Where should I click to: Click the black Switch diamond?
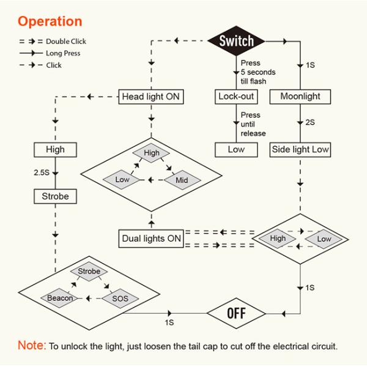237,42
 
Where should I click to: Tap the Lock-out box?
235,97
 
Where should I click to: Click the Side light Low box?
300,149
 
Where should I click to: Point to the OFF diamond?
235,314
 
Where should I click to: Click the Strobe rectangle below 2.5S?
56,197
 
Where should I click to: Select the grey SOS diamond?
119,298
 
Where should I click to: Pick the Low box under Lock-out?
235,149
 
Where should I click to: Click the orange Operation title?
50,21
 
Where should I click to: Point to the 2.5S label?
42,173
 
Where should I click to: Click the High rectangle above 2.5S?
55,149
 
